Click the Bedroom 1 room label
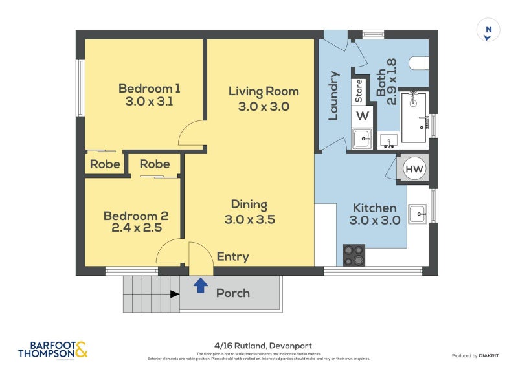149,88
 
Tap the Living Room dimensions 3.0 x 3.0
264,107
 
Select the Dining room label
249,205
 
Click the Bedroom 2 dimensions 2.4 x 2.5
136,228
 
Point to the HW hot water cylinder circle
414,170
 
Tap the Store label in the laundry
358,91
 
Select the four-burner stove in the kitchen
354,255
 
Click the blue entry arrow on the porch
201,283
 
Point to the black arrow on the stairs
174,295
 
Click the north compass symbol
488,30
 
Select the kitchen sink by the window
418,213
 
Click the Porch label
233,293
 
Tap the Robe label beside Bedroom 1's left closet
105,164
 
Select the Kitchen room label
374,208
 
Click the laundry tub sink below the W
362,138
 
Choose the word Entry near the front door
232,257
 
